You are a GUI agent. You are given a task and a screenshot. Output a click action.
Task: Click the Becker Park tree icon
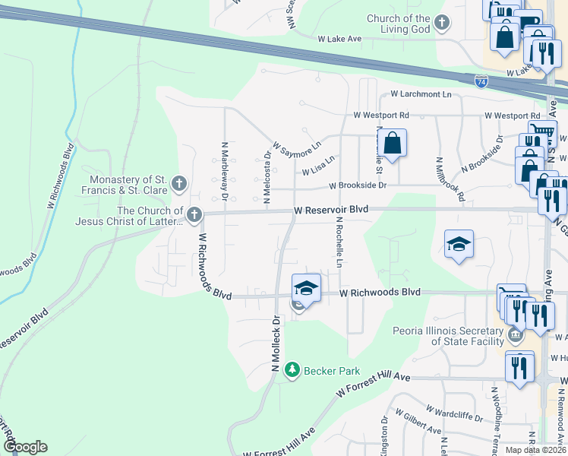click(292, 370)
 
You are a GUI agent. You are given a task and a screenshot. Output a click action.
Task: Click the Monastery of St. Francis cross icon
click(179, 183)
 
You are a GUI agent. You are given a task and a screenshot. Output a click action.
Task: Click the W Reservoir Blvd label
click(331, 209)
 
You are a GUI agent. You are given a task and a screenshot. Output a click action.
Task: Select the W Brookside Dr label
click(358, 185)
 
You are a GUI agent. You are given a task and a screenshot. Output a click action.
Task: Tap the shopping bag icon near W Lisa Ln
click(392, 144)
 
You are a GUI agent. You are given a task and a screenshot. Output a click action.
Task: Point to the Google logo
click(24, 447)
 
